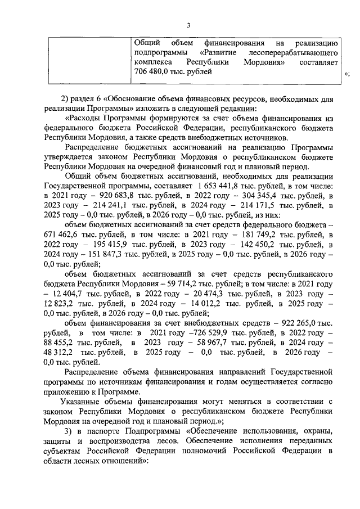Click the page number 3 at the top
pyautogui.click(x=188, y=25)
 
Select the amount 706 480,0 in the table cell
pyautogui.click(x=155, y=72)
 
